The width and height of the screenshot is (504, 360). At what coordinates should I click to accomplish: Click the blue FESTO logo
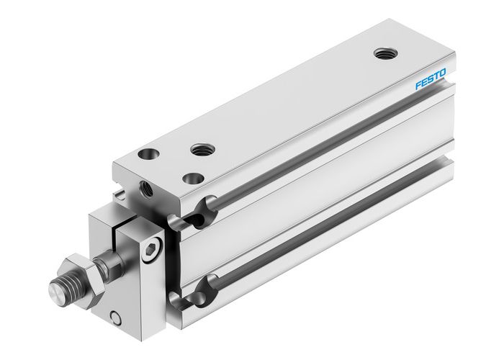(x=431, y=78)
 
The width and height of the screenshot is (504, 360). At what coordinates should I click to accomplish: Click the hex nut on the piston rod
(x=72, y=267)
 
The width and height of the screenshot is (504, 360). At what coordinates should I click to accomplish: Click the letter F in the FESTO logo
(x=417, y=86)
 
